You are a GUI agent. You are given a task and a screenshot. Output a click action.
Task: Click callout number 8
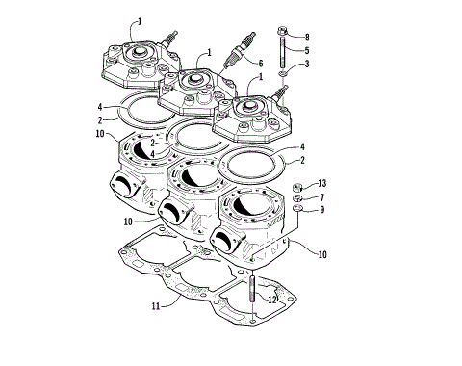tap(307, 37)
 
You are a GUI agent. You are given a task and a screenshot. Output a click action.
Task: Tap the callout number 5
tap(307, 50)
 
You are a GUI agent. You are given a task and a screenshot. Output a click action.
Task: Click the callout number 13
tap(322, 183)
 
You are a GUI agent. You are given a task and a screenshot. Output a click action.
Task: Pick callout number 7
tap(322, 196)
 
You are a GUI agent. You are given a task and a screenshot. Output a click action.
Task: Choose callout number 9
tap(322, 209)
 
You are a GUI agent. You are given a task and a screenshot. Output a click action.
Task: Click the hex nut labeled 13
tap(296, 185)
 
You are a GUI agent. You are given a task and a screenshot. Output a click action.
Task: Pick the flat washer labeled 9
tap(297, 208)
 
